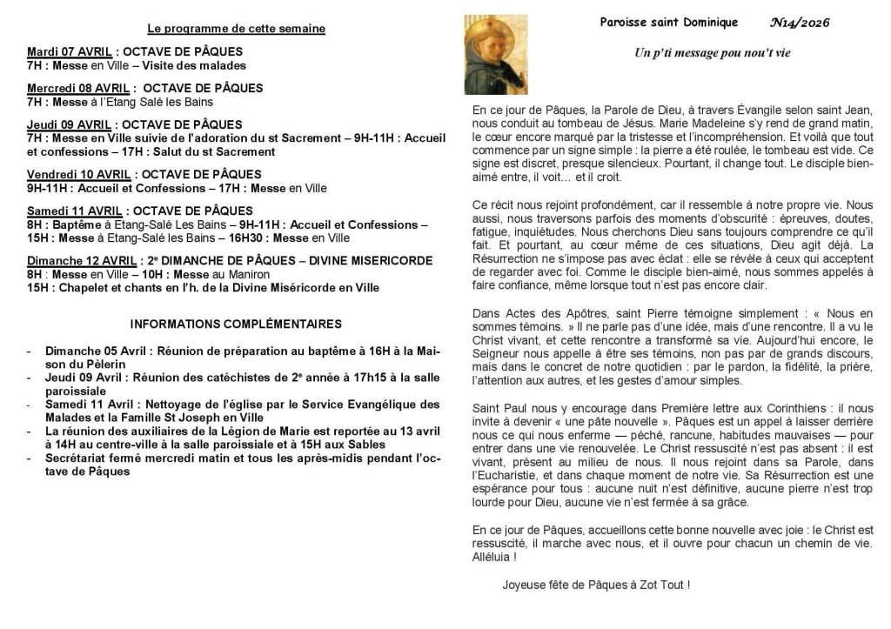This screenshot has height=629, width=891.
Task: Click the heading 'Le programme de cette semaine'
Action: [237, 29]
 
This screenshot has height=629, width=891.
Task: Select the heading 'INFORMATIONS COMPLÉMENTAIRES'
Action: [236, 325]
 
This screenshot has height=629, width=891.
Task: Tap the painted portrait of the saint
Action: [495, 54]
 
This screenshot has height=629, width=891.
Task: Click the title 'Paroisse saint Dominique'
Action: [669, 23]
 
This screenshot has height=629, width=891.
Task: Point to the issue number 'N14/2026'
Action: [800, 23]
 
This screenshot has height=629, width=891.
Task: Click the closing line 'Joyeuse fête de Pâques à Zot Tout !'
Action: [596, 586]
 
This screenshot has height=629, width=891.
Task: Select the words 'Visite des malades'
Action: [198, 65]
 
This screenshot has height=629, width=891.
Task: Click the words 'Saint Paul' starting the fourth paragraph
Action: [499, 408]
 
